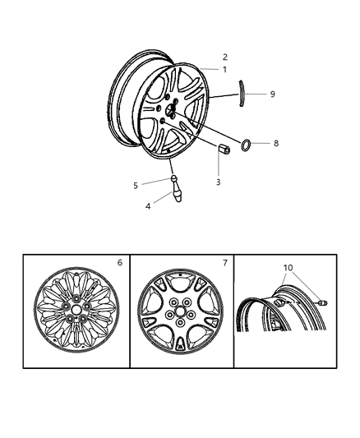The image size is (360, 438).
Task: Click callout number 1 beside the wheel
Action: point(224,70)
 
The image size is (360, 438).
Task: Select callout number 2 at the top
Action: point(224,58)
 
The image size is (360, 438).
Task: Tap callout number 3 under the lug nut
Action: point(218,182)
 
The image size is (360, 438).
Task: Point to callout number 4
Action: point(148,206)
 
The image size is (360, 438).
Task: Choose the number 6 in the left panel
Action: point(119,263)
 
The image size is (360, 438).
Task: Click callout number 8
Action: point(276,143)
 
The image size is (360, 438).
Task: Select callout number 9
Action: point(272,95)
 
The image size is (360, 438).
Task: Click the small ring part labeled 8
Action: point(246,145)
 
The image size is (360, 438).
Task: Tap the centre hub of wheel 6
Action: point(76,312)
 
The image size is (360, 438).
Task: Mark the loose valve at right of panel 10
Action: point(323,305)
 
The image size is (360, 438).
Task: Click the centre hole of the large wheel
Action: point(172,111)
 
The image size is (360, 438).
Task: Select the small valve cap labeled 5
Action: point(173,178)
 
